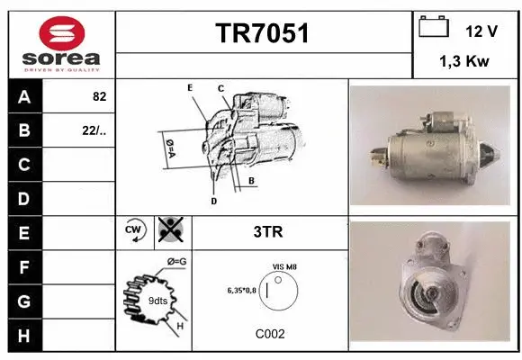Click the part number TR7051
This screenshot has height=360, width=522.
coord(263,34)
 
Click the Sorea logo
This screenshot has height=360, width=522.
coord(60,44)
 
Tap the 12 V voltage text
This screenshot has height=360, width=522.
coord(481,30)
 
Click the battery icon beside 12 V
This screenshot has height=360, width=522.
coord(434,28)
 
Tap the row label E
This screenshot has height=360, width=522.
coord(24,232)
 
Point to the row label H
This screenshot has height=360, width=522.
coord(24,334)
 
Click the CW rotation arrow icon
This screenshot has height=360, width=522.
coord(135,231)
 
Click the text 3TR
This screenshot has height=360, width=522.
coord(269,232)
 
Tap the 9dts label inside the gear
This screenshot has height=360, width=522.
coord(157,300)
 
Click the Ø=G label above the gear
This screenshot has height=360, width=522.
coord(175,262)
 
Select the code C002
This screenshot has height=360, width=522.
coord(269,333)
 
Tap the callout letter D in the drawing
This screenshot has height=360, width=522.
coord(213,201)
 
